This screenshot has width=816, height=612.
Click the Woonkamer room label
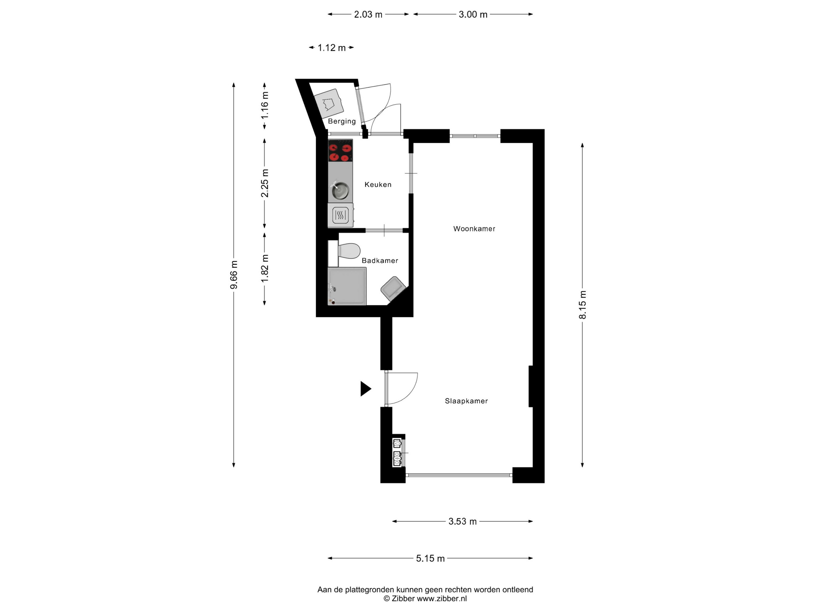pyautogui.click(x=474, y=229)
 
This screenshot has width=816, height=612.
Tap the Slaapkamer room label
pyautogui.click(x=466, y=401)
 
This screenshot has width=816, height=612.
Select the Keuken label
pyautogui.click(x=378, y=184)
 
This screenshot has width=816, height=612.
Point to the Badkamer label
pyautogui.click(x=380, y=261)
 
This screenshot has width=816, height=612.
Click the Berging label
pyautogui.click(x=342, y=121)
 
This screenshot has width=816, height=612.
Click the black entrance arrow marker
pyautogui.click(x=365, y=389)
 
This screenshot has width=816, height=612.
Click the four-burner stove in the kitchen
pyautogui.click(x=340, y=150)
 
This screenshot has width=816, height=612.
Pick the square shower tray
pyautogui.click(x=347, y=286)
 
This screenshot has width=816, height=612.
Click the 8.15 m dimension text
pyautogui.click(x=583, y=305)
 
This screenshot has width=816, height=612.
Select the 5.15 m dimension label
pyautogui.click(x=430, y=558)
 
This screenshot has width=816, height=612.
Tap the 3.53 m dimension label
pyautogui.click(x=462, y=522)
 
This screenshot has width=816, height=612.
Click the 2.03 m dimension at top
pyautogui.click(x=368, y=14)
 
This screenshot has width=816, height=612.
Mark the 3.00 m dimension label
pyautogui.click(x=473, y=14)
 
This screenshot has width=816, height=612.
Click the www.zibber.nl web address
pyautogui.click(x=442, y=599)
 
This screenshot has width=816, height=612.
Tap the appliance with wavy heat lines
pyautogui.click(x=340, y=215)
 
